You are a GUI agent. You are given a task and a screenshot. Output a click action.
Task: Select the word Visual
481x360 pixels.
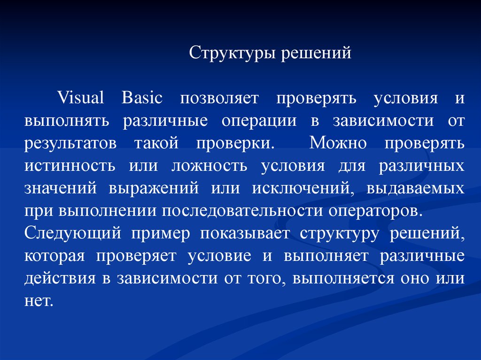click(81, 98)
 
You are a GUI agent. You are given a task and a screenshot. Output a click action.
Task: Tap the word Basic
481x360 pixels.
click(142, 98)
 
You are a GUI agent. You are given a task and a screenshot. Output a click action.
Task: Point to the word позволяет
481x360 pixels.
click(219, 99)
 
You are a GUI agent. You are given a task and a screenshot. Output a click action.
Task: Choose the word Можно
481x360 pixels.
click(338, 143)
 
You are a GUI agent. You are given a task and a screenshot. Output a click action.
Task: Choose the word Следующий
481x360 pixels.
click(73, 234)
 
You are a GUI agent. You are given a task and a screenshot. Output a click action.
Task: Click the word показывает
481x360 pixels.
click(245, 234)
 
